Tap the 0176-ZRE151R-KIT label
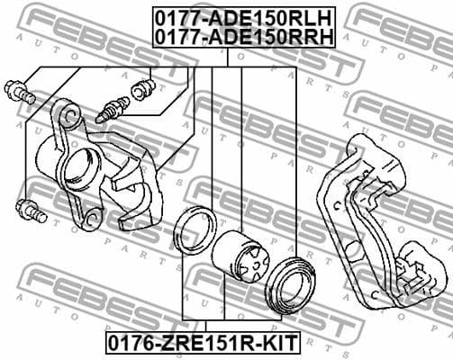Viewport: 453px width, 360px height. (x=204, y=342)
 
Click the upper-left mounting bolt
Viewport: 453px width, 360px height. (x=20, y=91)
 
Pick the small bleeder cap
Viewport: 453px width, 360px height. (x=141, y=90)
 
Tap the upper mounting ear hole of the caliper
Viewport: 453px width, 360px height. (x=66, y=115)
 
